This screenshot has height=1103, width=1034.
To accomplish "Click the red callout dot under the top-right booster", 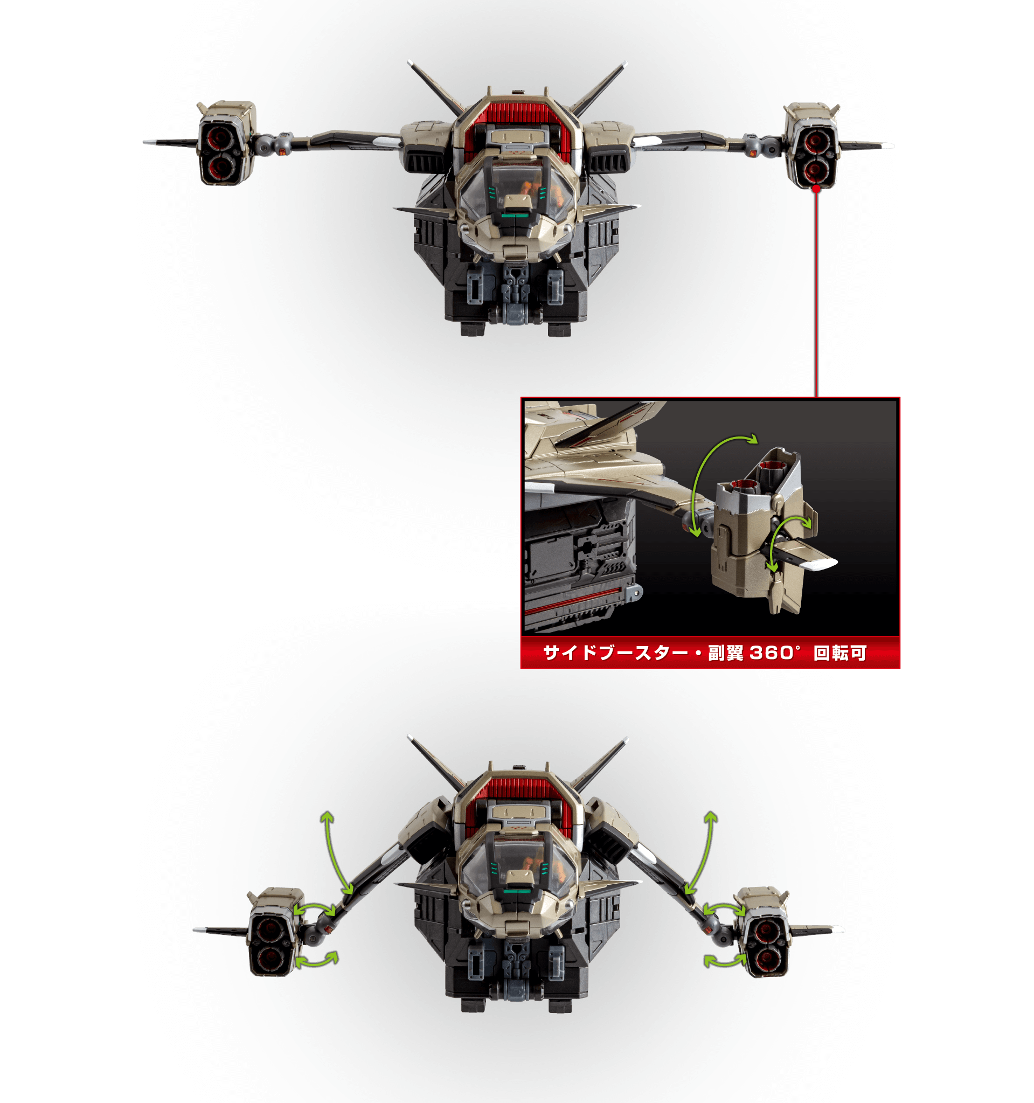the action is (816, 189).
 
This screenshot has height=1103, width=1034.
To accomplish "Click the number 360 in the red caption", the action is (771, 653).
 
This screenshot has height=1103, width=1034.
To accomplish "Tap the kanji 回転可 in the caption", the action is (840, 653).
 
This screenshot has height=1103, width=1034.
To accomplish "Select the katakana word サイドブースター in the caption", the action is (616, 653).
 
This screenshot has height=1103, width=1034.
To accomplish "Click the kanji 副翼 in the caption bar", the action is (726, 653).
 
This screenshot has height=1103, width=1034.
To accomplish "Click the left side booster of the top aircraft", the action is (227, 143).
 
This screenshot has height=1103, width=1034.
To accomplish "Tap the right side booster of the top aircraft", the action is (811, 145).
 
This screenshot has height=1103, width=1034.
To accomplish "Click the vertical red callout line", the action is (816, 295).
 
